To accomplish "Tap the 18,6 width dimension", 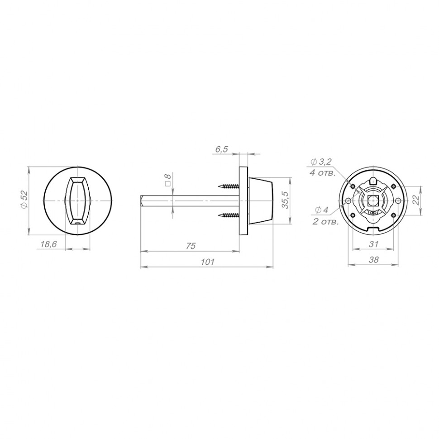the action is pos(49,244).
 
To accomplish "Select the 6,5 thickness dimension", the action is pos(221,149).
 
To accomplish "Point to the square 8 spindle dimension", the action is pos(168,179).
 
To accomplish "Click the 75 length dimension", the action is pos(191,246).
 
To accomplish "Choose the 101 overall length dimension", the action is pos(207,262).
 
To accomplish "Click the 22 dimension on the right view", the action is pos(416,200).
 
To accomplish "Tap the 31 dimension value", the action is pos(373,244).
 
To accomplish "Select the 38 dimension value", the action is pos(373,260).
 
